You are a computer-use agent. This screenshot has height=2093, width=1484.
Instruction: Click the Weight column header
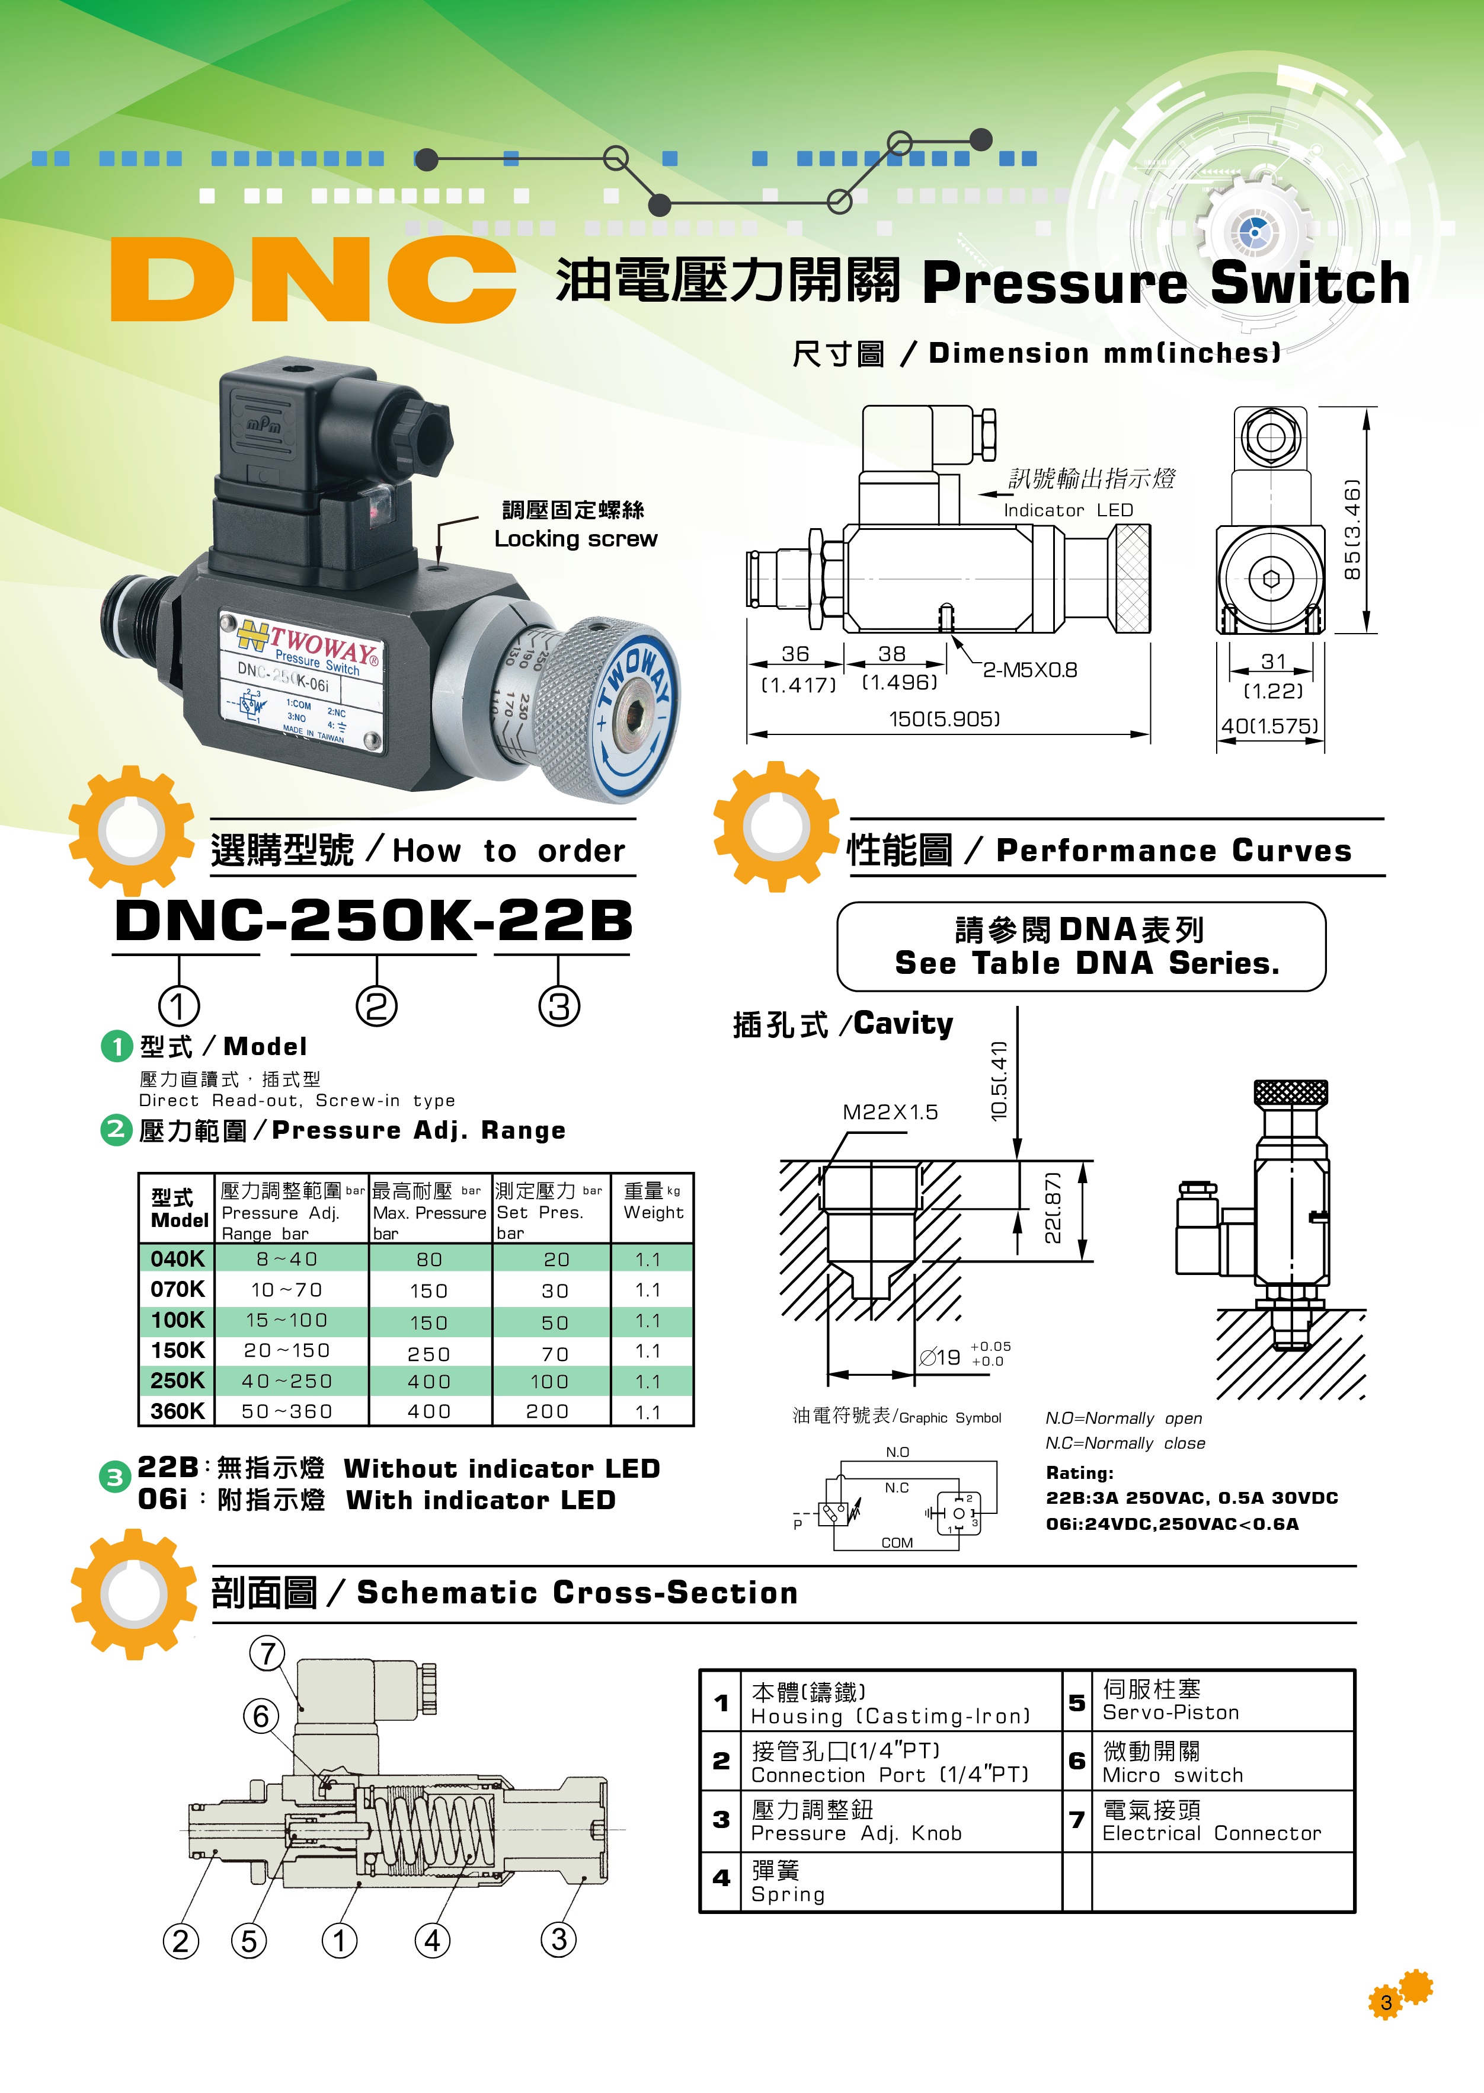653,1201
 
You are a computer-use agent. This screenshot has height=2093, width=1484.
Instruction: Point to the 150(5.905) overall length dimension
944,719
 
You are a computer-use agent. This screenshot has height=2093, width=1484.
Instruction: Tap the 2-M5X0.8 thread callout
1030,670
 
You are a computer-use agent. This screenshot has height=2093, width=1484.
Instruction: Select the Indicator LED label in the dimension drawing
1068,510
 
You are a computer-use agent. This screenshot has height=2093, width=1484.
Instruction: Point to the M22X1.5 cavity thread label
890,1111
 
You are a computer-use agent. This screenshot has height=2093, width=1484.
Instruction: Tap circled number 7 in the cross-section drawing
267,1653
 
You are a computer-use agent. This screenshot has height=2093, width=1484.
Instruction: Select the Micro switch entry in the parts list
1172,1775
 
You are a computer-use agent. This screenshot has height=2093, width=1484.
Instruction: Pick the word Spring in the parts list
788,1894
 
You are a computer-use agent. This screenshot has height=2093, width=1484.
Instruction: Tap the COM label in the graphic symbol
897,1543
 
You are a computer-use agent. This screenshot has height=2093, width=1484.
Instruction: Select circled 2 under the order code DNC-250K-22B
376,1006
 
